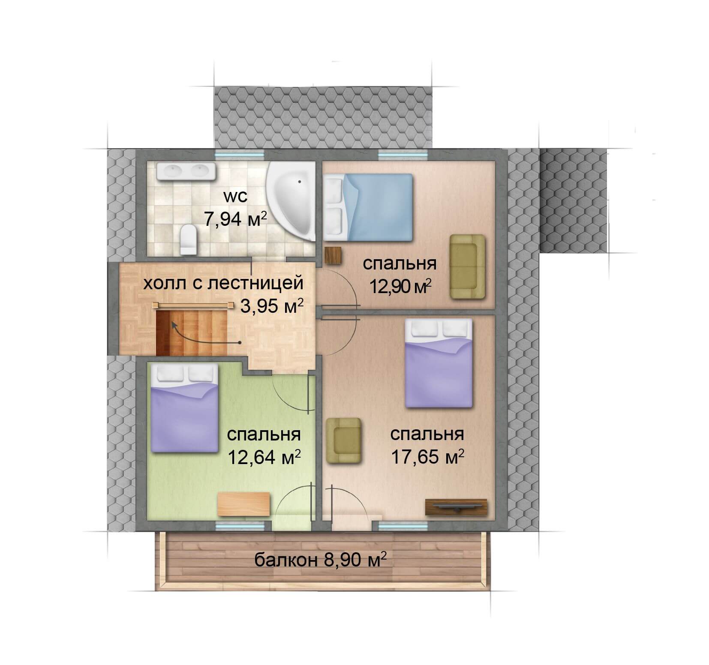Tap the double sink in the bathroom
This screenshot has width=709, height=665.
185,172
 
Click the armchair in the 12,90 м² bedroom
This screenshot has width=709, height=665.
467,267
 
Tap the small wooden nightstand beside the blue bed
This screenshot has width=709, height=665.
333,256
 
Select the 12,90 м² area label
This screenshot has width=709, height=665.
400,285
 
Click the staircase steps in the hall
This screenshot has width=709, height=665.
191,332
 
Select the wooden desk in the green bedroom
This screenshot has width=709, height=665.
243,505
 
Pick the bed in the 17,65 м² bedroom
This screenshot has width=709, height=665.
438,363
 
